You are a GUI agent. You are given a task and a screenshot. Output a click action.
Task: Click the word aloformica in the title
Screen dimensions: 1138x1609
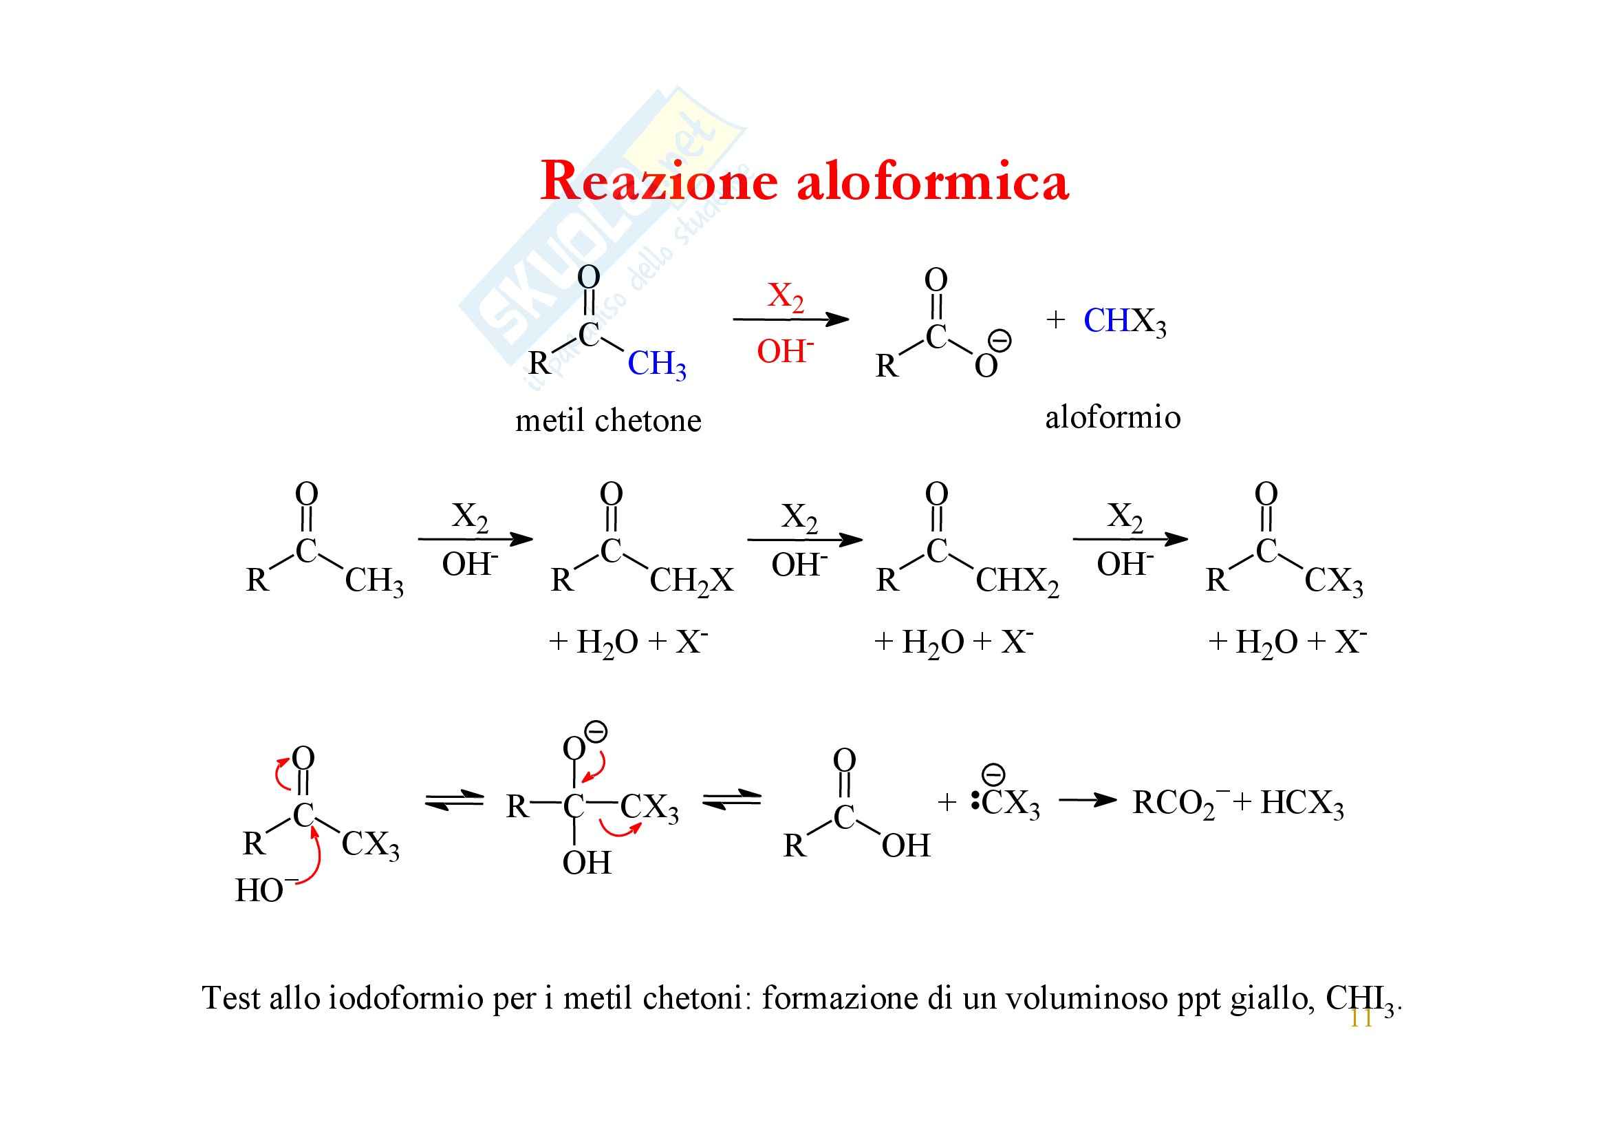tap(932, 182)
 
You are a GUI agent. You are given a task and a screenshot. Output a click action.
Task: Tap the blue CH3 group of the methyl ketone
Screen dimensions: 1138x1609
tap(656, 364)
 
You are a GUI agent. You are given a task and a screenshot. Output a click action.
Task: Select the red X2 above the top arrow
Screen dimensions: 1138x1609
tap(785, 297)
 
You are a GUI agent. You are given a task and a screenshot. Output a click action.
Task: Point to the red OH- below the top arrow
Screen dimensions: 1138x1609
tap(785, 350)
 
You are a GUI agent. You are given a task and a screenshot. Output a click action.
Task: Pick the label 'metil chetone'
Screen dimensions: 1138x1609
tap(607, 421)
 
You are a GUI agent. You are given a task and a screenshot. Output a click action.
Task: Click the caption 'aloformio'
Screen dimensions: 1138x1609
tap(1112, 418)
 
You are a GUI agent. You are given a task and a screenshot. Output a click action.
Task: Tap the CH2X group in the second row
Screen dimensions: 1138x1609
tap(691, 581)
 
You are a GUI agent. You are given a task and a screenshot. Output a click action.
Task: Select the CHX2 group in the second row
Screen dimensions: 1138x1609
tap(1017, 581)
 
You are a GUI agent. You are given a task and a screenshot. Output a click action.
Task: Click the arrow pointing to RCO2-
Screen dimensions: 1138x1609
tap(1086, 800)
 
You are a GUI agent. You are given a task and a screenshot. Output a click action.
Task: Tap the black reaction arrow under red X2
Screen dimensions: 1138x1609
tap(790, 319)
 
